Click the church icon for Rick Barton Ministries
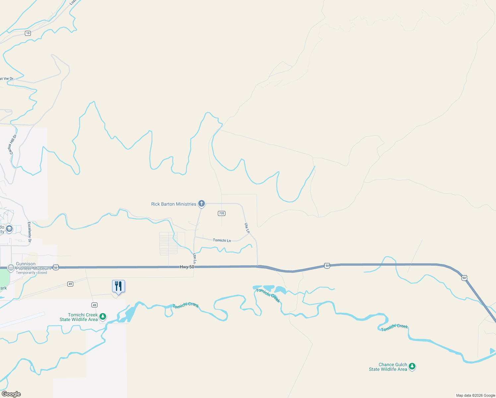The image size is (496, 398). tap(201, 203)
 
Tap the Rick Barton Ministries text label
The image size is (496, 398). tap(174, 204)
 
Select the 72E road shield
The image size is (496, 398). tap(221, 213)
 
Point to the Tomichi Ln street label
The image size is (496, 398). tap(222, 240)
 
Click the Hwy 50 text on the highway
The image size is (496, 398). tap(187, 267)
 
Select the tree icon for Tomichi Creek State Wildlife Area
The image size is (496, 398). tap(103, 317)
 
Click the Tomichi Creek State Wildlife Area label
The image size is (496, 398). tap(79, 317)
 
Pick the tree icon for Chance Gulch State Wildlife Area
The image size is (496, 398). tap(412, 366)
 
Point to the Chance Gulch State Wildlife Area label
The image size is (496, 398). tap(388, 367)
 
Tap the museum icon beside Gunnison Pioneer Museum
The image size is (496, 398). tap(11, 267)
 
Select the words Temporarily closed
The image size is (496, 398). tap(31, 273)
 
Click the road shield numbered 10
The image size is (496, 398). tap(28, 33)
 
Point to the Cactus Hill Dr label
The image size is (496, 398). tap(13, 144)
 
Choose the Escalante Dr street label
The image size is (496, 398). tap(30, 232)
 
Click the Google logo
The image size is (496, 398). tap(11, 394)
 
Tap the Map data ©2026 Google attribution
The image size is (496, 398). tap(475, 395)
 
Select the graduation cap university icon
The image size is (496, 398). tap(9, 229)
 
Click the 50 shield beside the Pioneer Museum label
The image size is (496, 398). tap(56, 267)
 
